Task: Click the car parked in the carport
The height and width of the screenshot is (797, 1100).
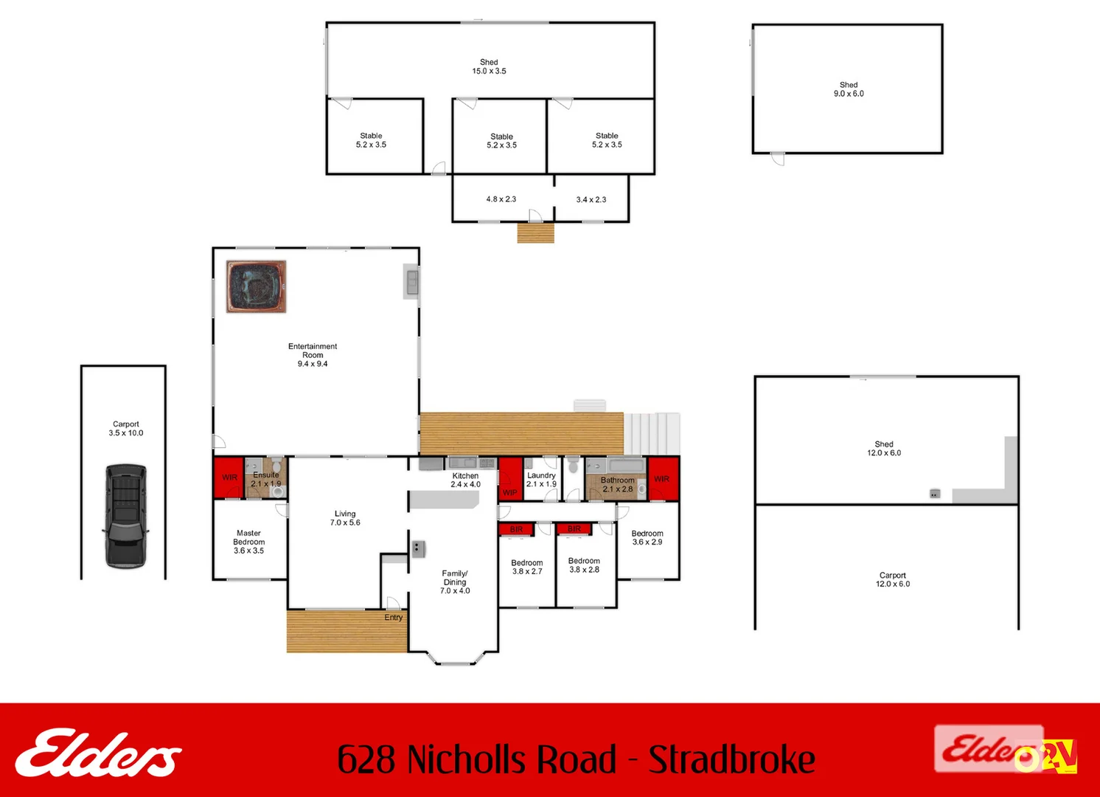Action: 126,516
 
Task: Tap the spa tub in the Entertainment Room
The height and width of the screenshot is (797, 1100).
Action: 256,286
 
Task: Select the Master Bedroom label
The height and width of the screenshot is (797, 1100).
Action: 249,542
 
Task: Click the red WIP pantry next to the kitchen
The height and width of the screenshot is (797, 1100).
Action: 510,479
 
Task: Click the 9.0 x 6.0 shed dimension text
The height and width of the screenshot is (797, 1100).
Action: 849,94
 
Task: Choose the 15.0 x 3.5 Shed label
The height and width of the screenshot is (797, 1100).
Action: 489,67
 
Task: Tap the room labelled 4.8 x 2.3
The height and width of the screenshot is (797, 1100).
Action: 501,199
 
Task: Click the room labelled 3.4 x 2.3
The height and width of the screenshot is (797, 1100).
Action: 591,199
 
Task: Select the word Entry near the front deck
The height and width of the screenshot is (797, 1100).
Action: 394,618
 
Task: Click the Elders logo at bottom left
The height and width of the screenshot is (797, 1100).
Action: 98,753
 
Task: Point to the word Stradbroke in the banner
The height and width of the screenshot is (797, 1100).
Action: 732,759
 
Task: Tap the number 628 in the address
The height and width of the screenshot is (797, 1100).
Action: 366,759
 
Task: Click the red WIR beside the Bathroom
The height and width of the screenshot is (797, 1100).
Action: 662,479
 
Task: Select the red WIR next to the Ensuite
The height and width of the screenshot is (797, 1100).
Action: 229,477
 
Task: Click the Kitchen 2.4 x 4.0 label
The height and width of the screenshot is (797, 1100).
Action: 465,480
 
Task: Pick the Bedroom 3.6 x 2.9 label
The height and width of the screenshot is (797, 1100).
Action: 647,538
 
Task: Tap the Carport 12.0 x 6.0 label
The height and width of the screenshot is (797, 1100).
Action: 892,579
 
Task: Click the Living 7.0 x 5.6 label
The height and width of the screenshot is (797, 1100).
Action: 345,518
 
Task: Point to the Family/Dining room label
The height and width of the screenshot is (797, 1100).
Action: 455,582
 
